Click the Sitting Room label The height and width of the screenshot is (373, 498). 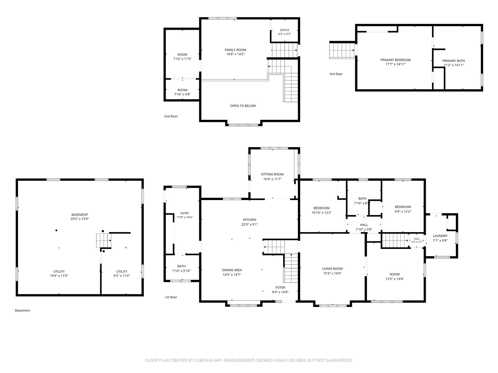coord(272,174)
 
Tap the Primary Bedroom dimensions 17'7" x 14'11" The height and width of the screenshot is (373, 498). coord(395,64)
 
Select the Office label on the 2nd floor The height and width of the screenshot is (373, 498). coord(285,30)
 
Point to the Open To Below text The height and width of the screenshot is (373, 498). coord(243,106)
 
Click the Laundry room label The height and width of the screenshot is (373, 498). coord(440,236)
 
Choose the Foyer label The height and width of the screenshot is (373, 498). coord(280,287)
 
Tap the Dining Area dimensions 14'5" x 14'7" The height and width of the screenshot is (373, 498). coord(232,275)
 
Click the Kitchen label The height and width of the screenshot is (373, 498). coord(250,220)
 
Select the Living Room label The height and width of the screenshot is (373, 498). coord(332,269)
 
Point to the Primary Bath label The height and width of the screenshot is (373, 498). coord(453,61)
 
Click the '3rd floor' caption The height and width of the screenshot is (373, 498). coord(336,74)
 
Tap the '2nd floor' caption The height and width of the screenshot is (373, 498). coord(171,116)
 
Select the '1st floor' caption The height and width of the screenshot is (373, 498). coord(171,297)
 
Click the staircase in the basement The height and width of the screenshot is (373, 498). coord(104,240)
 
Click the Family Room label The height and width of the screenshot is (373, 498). coord(235,50)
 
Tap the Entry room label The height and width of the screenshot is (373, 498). coord(185,213)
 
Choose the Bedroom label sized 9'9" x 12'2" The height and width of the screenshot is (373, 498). coord(403,207)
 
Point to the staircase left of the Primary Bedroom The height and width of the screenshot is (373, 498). coord(342,50)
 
